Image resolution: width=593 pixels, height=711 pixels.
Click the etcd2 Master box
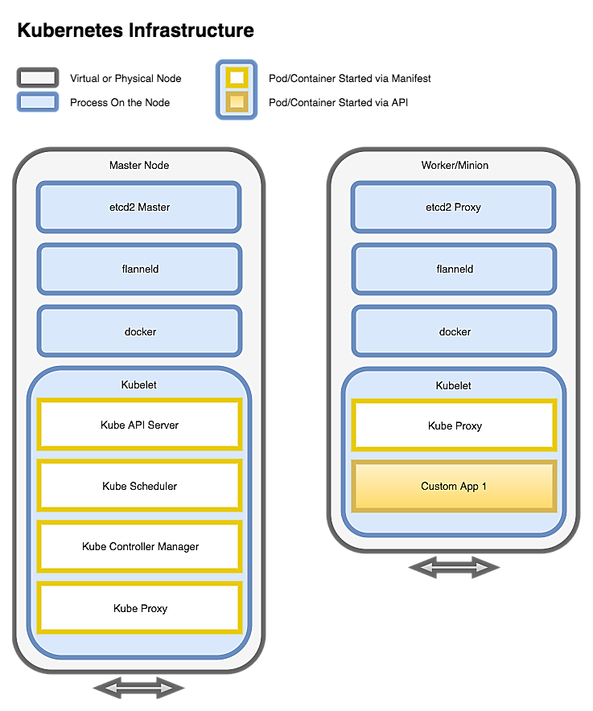coord(139,208)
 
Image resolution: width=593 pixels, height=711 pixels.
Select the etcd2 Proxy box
coord(454,208)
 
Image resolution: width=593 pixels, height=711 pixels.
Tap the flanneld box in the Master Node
coord(139,269)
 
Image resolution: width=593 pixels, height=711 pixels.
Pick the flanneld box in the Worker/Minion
coord(454,269)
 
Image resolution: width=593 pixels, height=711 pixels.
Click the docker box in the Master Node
coord(139,331)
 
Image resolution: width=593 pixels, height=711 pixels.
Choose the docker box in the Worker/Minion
coord(454,331)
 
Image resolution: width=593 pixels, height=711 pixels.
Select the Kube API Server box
coord(139,425)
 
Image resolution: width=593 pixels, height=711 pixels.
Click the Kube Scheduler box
coord(139,486)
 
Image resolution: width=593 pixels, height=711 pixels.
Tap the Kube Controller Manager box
coord(139,547)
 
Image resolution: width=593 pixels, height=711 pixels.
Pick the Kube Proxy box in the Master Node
coord(139,608)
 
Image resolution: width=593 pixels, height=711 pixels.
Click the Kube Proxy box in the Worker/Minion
coord(454,425)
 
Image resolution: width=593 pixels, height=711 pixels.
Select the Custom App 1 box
coord(454,486)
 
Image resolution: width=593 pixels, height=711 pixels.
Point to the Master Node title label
coord(139,165)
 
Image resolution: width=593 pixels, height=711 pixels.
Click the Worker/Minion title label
coord(455,165)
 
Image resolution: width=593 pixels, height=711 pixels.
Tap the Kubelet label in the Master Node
coord(139,385)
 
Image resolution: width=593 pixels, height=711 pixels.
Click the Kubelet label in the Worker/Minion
coord(454,385)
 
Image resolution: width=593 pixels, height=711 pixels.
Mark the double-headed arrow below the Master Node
coord(139,688)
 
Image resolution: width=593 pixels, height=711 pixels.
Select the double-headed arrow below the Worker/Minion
coord(454,568)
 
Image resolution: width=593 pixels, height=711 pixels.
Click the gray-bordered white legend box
coord(38,78)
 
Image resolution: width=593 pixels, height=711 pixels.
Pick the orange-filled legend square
coord(237,101)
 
